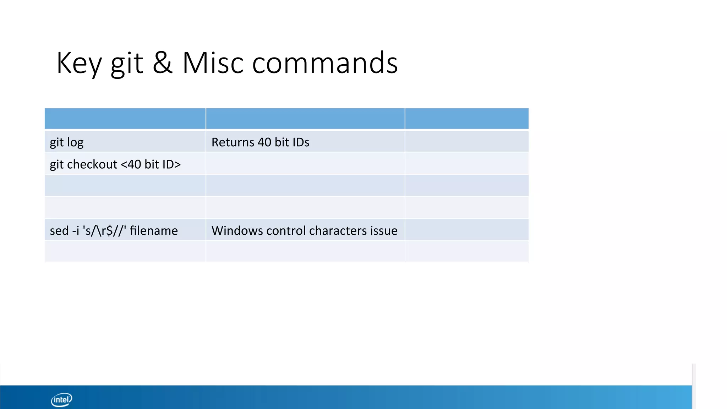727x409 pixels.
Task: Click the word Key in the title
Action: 79,63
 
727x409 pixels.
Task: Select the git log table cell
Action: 125,142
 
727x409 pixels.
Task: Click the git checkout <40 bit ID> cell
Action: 125,164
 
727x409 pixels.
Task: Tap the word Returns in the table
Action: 233,142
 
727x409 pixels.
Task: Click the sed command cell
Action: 125,230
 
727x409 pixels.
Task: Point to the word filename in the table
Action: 154,230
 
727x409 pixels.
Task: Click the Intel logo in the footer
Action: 61,400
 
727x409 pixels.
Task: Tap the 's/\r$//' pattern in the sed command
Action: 104,230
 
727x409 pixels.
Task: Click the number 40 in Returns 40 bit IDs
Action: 264,142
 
